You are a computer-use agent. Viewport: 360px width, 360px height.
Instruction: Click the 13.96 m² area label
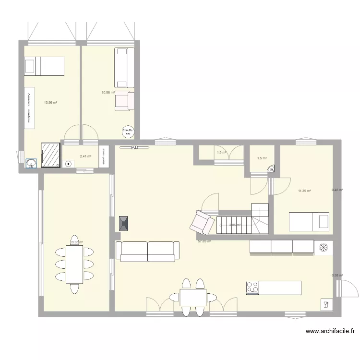click(50, 102)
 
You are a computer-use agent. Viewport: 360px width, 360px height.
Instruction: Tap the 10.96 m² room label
click(108, 92)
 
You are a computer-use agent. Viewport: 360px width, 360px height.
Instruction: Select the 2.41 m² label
click(85, 156)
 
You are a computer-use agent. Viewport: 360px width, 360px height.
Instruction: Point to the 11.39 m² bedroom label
click(304, 191)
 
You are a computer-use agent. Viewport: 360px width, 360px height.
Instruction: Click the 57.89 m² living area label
click(204, 241)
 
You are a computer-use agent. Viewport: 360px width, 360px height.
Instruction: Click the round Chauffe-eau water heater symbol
click(127, 131)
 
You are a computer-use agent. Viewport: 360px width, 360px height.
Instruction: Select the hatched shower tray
click(50, 155)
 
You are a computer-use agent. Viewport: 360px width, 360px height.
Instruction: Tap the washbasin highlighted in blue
click(32, 164)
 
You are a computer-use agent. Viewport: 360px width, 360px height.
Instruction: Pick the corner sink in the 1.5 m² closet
click(270, 168)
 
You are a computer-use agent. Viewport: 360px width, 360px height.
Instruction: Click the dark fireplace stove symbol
click(124, 224)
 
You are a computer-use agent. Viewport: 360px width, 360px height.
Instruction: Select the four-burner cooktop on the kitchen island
click(252, 288)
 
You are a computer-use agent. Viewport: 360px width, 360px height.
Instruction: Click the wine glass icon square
click(326, 304)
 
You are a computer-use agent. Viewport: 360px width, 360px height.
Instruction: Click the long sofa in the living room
click(147, 251)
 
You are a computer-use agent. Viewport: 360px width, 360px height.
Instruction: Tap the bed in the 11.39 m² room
click(309, 222)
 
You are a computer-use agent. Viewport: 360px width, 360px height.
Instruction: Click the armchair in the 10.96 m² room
click(123, 100)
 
